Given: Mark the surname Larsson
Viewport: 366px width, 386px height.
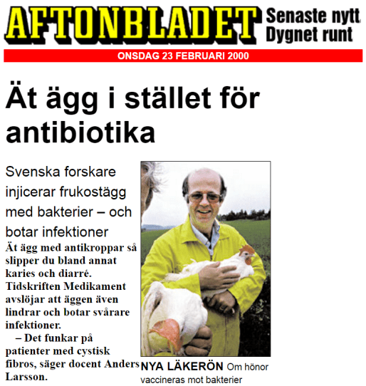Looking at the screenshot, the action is tap(26, 376).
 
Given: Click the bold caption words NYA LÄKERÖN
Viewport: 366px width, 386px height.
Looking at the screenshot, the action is tap(177, 367).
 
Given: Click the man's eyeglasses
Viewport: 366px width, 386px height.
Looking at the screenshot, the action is tap(204, 194).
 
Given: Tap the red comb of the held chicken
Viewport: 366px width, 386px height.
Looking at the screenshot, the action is tap(246, 251).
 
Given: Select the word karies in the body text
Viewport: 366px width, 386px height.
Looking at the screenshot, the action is tap(21, 272).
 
